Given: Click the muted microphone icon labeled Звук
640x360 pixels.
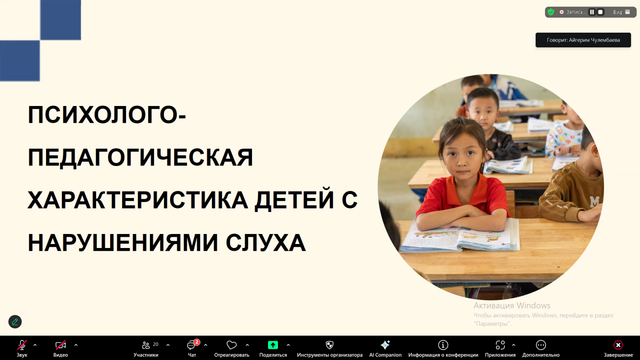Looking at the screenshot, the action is coord(22,345).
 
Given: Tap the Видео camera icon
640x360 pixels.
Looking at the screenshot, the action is coord(60,345).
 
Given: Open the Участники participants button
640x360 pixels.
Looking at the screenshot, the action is coord(146,345).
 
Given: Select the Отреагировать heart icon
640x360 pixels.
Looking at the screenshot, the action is coord(232,345).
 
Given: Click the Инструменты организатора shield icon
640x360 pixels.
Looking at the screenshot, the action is coord(330,345).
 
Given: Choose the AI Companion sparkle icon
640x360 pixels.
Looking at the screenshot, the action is coord(385,345).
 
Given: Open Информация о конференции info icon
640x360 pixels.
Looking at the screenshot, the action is coord(443,345).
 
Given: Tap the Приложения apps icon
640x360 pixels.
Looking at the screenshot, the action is coord(500,345).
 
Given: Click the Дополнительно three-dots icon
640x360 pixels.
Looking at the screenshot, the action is coord(541,345).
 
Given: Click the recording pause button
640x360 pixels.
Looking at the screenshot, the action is coord(592,12).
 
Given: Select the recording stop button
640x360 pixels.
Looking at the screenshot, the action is coord(600,12).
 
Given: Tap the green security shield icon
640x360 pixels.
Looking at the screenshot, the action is coord(551,12).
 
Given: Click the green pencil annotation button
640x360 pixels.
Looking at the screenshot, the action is coord(15,322).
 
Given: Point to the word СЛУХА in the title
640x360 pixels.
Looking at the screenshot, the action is coord(266,243).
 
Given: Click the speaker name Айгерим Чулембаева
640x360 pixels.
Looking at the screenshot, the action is coord(594,40).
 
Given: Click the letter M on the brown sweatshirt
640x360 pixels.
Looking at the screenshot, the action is coord(594,202).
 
